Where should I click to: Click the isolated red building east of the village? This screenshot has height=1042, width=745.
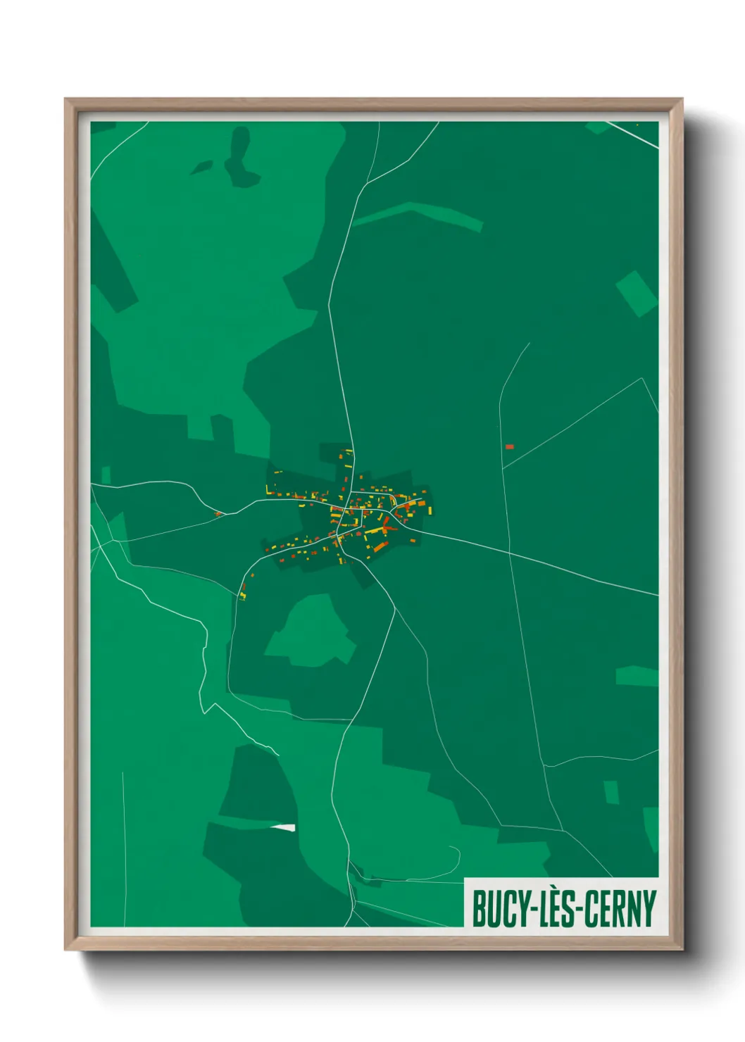point(509,446)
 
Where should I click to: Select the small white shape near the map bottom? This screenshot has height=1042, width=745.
point(284,827)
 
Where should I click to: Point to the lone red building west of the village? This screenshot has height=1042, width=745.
point(218,513)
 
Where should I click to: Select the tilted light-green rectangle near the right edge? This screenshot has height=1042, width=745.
point(637,293)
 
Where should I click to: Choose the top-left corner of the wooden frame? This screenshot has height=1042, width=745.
point(65,99)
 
